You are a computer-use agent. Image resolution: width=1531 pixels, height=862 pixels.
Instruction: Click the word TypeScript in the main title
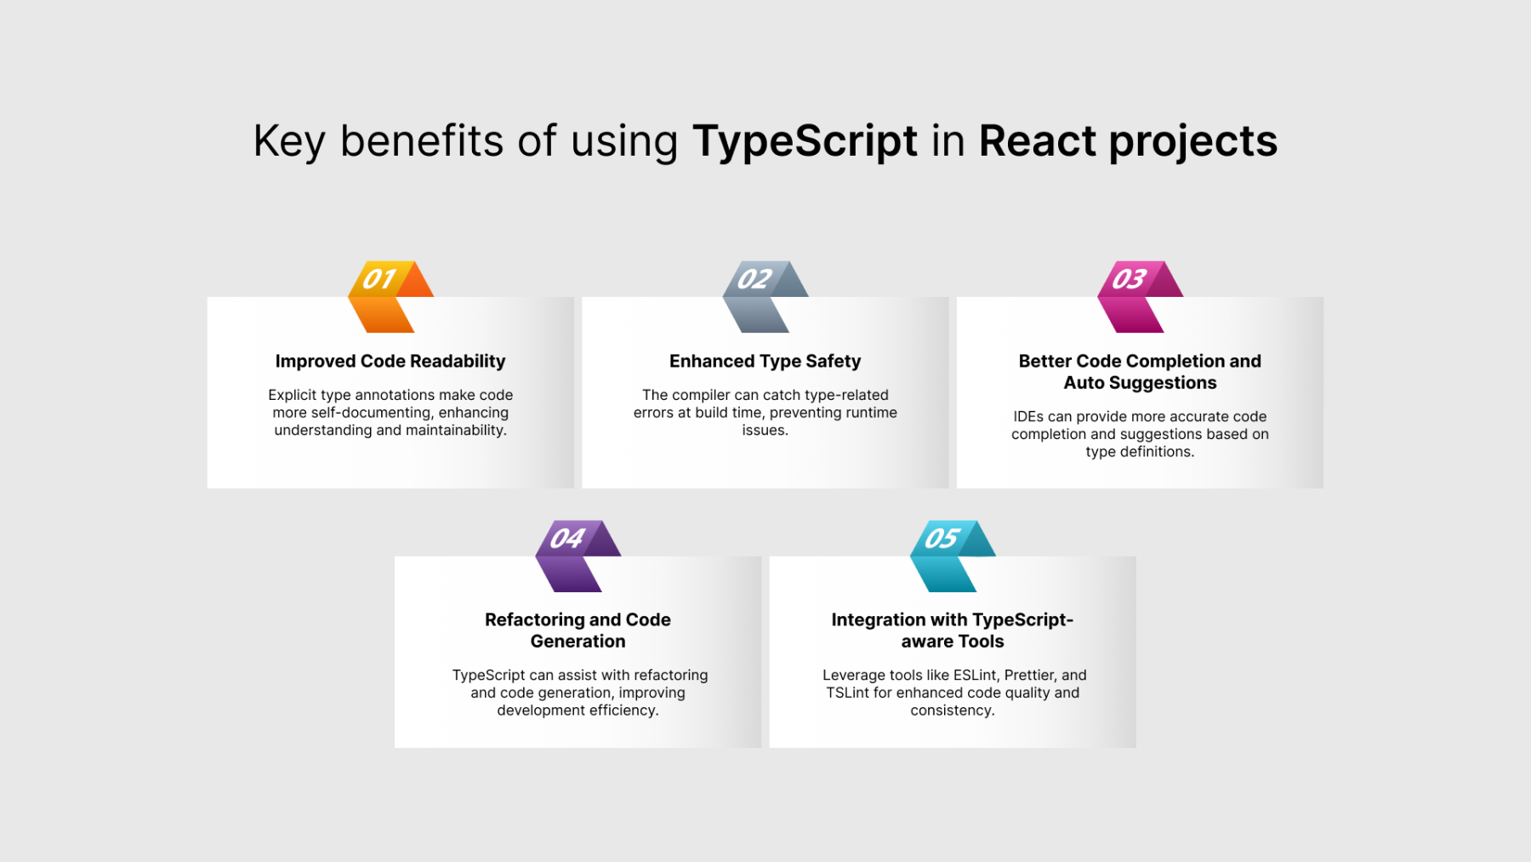tap(805, 141)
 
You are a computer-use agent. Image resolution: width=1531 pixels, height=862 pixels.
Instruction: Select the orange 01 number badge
tap(390, 296)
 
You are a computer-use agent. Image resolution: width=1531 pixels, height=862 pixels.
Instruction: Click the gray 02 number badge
tap(765, 296)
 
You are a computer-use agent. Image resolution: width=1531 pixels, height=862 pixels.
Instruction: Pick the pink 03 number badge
tap(1140, 296)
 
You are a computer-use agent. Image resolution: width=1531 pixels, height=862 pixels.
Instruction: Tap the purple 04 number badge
tap(578, 556)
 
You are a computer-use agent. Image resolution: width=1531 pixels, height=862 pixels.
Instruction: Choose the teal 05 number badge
tap(953, 556)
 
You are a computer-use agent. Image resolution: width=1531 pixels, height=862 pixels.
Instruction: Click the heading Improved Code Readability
tap(390, 362)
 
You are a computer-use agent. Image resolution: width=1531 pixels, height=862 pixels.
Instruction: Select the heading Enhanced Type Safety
tap(765, 362)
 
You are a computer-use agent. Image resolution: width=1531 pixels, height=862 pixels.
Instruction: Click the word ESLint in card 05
tap(975, 675)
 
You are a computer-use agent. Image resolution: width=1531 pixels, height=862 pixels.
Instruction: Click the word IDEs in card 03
tap(1028, 416)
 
